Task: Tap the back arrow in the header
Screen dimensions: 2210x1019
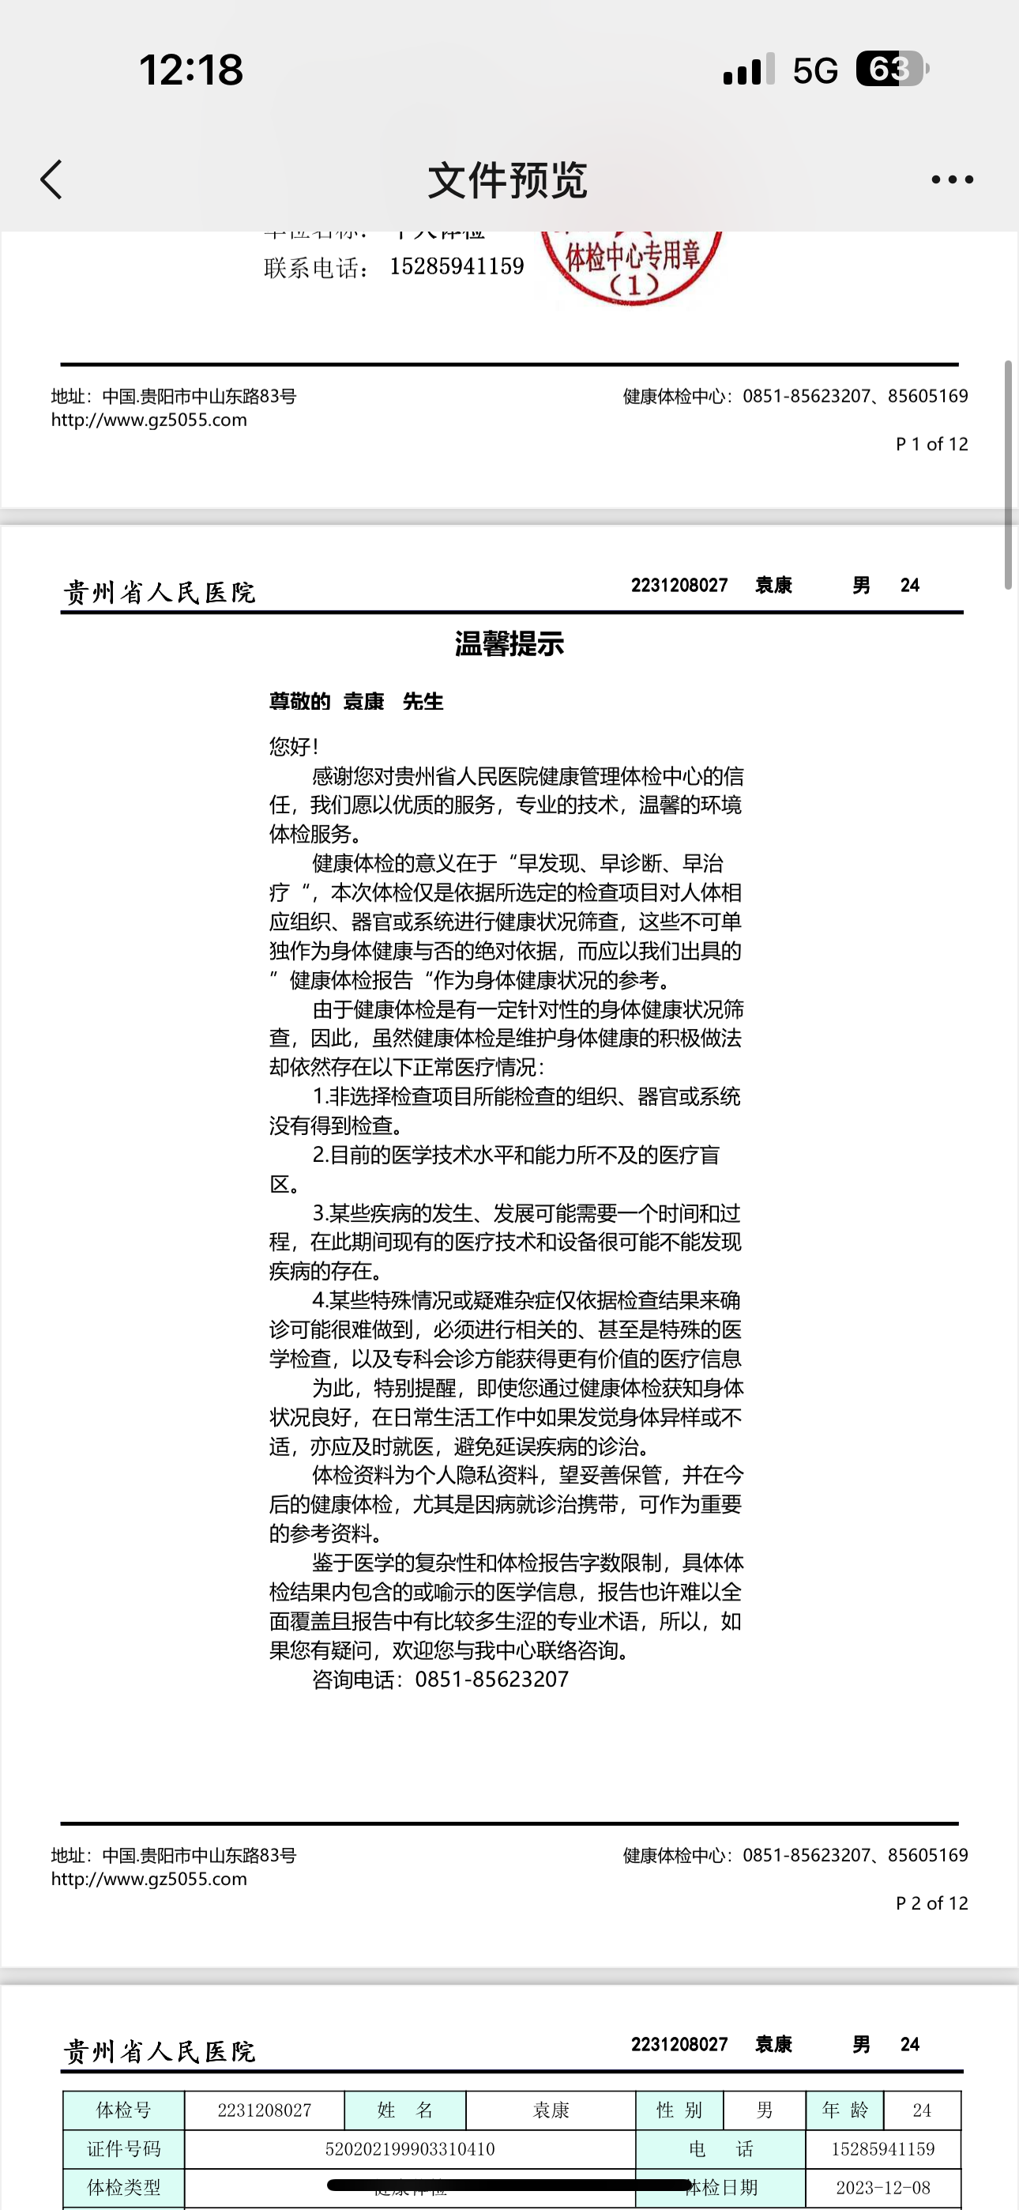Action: click(x=51, y=179)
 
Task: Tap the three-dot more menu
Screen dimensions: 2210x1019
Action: click(x=952, y=179)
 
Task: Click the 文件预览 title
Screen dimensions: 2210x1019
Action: click(x=508, y=180)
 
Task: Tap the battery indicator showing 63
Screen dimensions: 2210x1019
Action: click(x=892, y=70)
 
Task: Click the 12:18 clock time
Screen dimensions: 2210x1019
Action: click(x=191, y=70)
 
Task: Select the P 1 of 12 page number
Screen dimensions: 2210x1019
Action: click(x=931, y=443)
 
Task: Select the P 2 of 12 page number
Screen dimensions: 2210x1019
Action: click(x=931, y=1903)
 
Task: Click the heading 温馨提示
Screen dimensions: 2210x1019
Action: click(x=509, y=643)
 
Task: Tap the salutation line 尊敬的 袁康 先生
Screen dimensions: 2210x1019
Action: click(x=356, y=702)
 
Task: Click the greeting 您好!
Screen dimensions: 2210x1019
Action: click(x=294, y=746)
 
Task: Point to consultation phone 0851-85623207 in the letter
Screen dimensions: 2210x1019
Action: click(x=491, y=1679)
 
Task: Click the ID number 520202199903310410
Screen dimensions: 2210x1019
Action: click(x=410, y=2148)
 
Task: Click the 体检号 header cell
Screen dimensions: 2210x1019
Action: click(x=123, y=2110)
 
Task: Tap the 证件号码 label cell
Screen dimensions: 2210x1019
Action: click(x=123, y=2148)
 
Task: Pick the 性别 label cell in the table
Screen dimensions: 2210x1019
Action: click(x=679, y=2110)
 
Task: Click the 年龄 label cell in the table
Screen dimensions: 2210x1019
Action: click(x=845, y=2110)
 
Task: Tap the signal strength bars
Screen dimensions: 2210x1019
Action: click(x=749, y=70)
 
